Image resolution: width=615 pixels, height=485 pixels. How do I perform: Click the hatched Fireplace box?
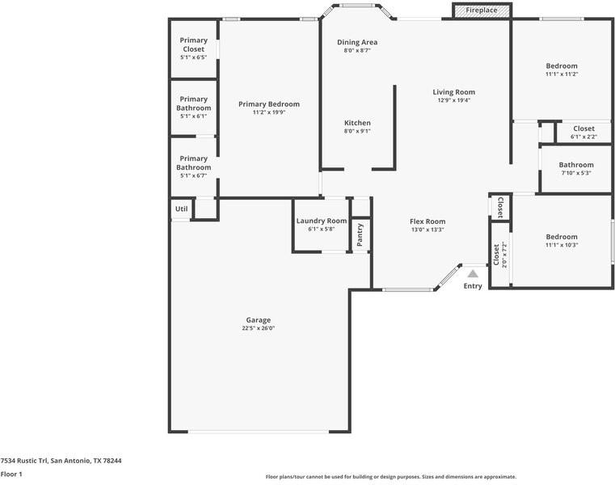click(482, 11)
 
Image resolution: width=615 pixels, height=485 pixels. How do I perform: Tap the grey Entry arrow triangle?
click(473, 273)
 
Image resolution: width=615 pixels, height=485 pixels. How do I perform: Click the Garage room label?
click(259, 320)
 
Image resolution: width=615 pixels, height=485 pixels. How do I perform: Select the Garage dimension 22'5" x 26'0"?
click(259, 328)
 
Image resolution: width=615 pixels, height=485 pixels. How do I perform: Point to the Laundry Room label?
click(322, 221)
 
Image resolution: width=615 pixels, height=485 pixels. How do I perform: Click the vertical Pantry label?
click(360, 234)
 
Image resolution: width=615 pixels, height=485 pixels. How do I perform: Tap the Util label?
click(181, 209)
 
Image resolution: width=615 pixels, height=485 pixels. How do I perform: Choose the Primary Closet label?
click(194, 44)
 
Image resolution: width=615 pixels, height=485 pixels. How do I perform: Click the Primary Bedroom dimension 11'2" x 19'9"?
click(269, 112)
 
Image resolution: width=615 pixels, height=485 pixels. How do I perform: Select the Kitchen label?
click(357, 123)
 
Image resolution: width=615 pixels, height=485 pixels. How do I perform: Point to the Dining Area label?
click(357, 42)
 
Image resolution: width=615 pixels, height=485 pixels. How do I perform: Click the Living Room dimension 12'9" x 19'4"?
click(454, 100)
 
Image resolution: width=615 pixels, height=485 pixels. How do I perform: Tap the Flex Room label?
click(428, 221)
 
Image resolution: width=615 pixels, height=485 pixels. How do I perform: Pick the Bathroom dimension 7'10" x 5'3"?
click(576, 173)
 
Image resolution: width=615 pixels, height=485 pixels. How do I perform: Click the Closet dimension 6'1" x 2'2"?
click(583, 137)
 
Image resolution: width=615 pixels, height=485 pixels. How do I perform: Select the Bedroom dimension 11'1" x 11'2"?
click(562, 74)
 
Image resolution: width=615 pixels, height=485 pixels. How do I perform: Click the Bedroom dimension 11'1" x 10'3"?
click(562, 245)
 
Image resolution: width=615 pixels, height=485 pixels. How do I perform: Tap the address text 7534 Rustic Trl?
click(24, 461)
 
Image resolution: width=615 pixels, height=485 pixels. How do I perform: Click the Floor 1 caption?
click(11, 474)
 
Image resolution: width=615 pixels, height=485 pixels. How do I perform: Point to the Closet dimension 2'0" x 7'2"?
click(504, 255)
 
